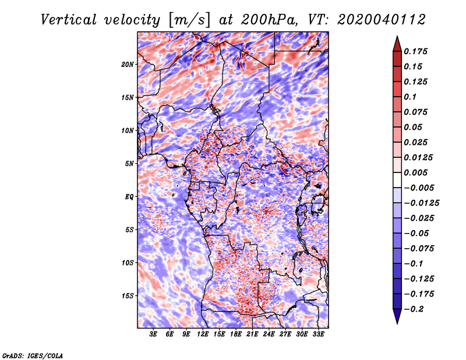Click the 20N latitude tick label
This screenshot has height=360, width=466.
coord(128,65)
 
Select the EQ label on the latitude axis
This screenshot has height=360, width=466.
coord(129,197)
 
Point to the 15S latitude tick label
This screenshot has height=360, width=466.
coord(128,296)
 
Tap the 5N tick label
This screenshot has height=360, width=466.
coord(129,164)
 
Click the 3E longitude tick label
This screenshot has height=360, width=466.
coord(153,334)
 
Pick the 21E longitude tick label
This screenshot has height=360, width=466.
coord(252,334)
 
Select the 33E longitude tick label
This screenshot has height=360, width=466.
coord(318,334)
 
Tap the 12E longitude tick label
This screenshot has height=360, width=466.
coord(203,334)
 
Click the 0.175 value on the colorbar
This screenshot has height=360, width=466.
coord(415,51)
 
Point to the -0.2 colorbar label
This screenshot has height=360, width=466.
coord(414,309)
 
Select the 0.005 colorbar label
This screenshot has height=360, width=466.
coord(415,172)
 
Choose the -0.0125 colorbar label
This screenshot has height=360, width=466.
coord(421,203)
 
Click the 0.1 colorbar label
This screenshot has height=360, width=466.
coord(410,97)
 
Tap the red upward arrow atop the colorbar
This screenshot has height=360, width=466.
coord(397,44)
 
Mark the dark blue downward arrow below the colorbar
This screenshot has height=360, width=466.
coord(397,316)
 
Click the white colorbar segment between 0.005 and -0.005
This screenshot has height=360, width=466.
coord(397,180)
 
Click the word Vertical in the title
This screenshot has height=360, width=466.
coord(69,20)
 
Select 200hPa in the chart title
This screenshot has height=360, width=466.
coord(269,20)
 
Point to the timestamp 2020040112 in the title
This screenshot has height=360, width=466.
coord(382,20)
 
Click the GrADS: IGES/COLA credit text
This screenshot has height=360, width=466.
coord(33,355)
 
